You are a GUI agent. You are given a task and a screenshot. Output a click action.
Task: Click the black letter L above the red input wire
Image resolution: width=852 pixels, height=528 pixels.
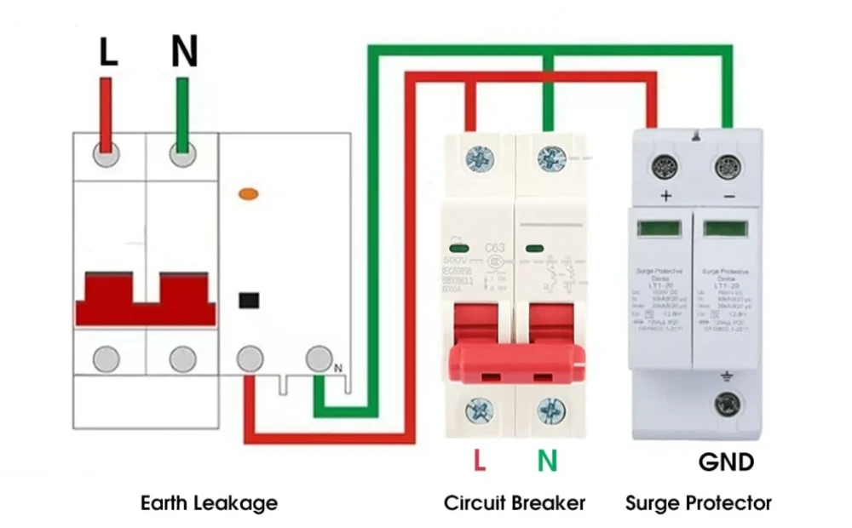(x=107, y=52)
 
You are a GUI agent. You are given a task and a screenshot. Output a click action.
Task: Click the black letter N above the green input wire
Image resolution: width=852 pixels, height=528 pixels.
(x=184, y=52)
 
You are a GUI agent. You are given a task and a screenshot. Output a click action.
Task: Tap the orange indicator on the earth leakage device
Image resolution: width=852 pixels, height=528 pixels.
(x=249, y=194)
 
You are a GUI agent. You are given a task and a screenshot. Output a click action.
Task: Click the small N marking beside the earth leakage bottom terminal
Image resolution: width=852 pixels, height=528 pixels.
(x=338, y=368)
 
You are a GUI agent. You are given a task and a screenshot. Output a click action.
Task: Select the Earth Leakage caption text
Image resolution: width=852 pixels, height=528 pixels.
(x=209, y=503)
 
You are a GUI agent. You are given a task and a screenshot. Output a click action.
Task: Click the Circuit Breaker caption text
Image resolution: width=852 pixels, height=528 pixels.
(x=515, y=503)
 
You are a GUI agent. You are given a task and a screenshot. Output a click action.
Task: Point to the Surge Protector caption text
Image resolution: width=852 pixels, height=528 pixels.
(x=699, y=503)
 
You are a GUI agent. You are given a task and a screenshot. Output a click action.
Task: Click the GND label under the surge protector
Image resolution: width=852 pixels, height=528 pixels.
(x=726, y=462)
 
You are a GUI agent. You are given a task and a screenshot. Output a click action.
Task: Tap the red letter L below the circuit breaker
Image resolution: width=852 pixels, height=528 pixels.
(x=480, y=461)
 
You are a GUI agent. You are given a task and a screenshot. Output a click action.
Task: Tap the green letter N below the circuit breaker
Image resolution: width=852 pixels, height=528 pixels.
(x=547, y=461)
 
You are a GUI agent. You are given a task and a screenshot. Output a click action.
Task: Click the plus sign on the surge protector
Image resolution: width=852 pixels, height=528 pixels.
(x=665, y=197)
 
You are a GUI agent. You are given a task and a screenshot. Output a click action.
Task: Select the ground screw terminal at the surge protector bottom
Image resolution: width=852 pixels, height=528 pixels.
(x=727, y=404)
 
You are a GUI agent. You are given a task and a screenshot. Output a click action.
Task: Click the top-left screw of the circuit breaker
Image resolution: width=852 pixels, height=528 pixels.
(x=480, y=158)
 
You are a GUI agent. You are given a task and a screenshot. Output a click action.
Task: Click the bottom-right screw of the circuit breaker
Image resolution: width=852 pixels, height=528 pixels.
(x=550, y=412)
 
